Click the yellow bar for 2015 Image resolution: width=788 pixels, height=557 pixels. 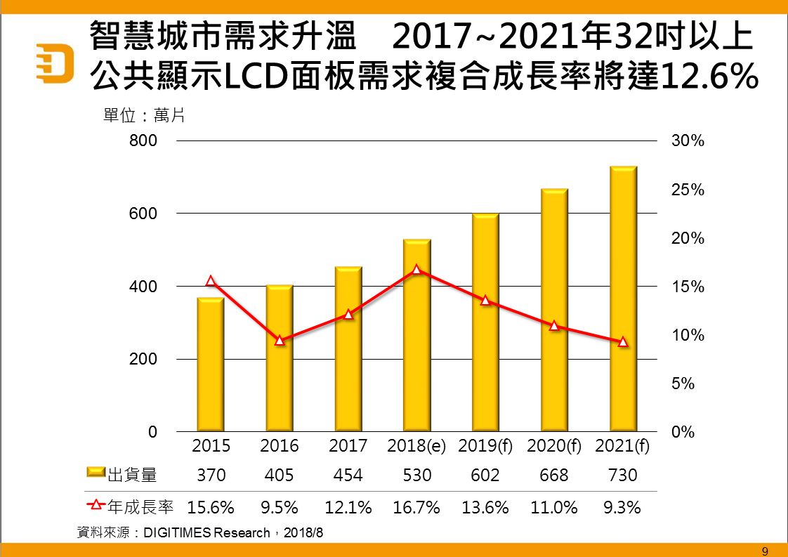[211, 365]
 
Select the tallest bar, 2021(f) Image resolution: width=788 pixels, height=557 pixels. [623, 299]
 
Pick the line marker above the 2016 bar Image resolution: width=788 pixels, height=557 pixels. [280, 340]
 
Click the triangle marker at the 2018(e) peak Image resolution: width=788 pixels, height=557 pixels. [416, 269]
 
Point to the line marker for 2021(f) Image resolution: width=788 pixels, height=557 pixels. [622, 342]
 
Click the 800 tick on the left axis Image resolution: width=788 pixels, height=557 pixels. [143, 140]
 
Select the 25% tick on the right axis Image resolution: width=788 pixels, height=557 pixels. [688, 190]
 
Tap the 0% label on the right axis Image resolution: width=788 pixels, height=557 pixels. [683, 432]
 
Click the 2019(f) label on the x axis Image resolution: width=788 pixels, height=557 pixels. [485, 446]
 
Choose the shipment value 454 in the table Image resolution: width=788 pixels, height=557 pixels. [348, 476]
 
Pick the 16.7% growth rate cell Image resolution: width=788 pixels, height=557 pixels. [416, 506]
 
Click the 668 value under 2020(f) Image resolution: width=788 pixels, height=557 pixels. [553, 476]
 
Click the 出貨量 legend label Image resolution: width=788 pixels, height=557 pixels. [132, 476]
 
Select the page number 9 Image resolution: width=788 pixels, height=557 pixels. [765, 550]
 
